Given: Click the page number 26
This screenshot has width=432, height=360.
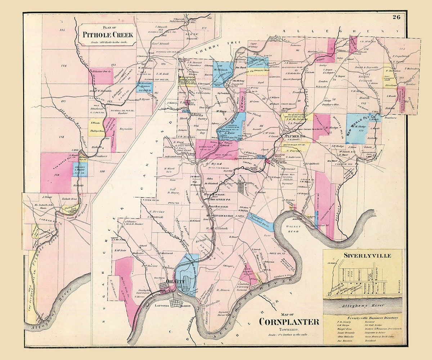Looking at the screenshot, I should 396,17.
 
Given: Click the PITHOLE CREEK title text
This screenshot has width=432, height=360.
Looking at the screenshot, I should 108,35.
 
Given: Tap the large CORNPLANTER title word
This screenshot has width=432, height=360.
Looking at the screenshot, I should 289,321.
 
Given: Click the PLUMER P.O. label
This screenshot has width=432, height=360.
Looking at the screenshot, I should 295,136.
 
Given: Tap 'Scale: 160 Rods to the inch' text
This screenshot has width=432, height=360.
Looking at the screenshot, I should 107,42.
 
